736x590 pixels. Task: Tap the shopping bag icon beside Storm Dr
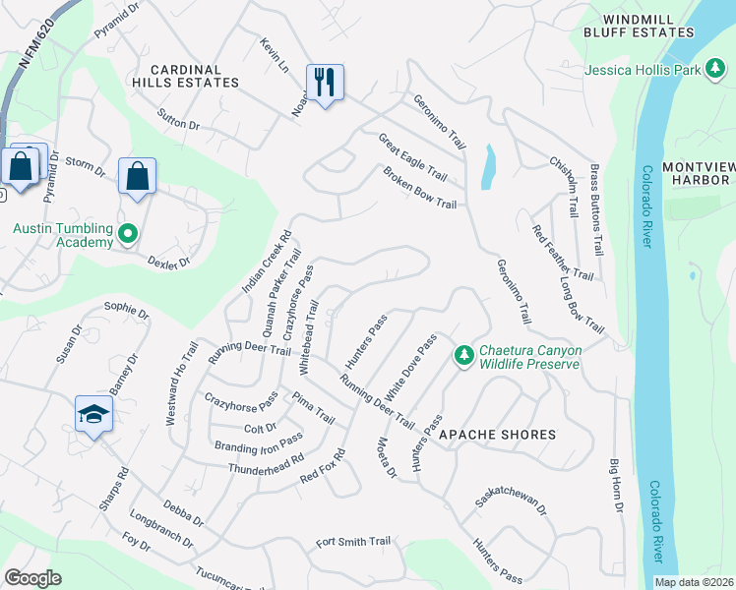[137, 177]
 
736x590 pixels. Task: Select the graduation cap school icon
[93, 414]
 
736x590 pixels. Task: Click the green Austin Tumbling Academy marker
[127, 235]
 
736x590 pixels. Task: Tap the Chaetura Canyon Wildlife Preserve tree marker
[463, 355]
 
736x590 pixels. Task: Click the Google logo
[32, 578]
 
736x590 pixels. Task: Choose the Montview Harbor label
[698, 173]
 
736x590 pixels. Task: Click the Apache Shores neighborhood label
[497, 434]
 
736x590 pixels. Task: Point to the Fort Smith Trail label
[353, 542]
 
